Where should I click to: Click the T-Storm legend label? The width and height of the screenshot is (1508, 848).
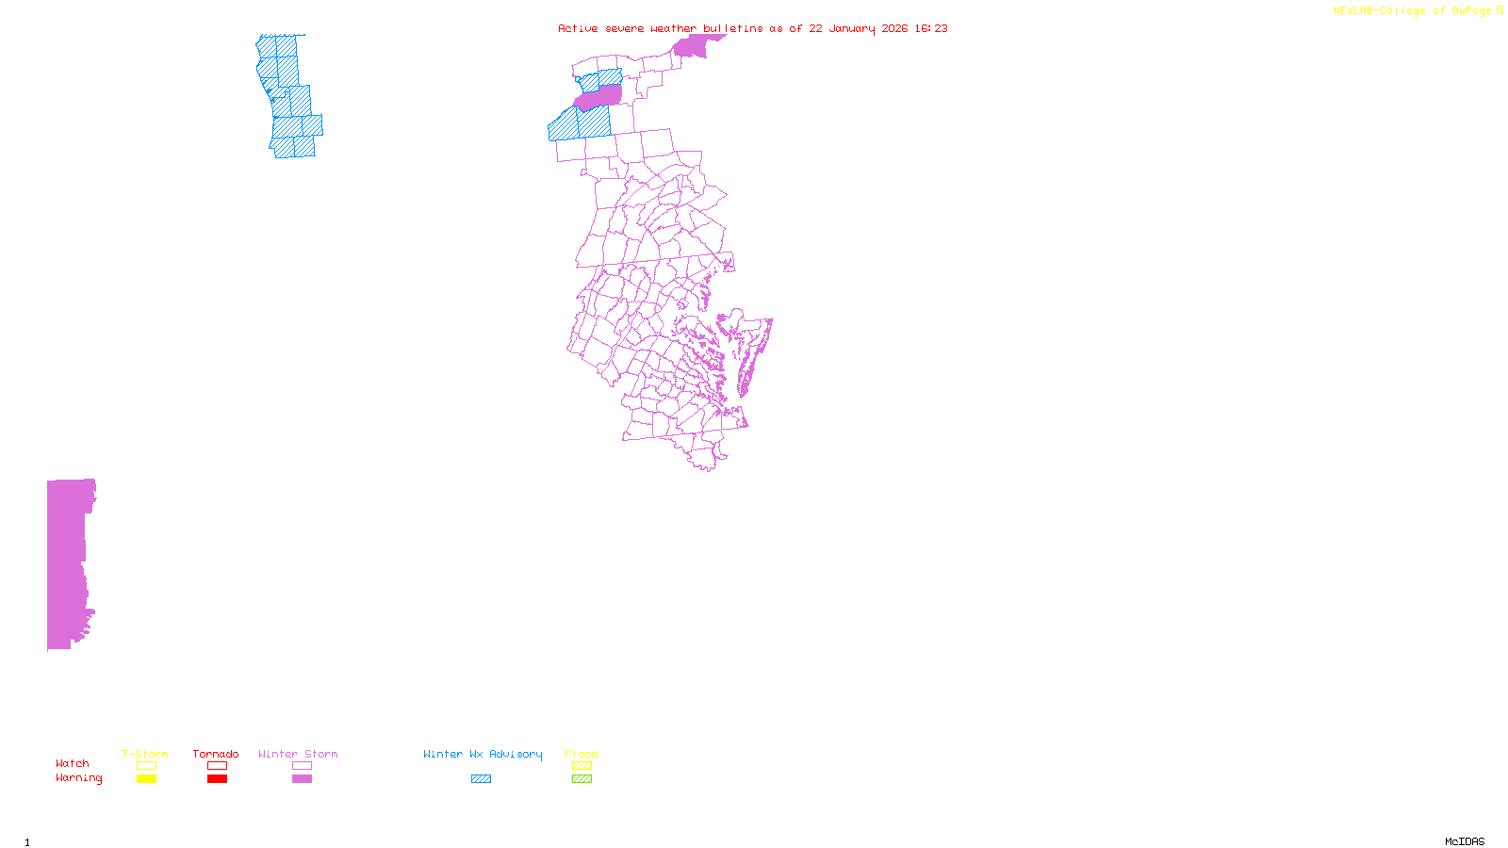coord(145,754)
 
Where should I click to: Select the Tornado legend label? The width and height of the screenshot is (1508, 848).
coord(216,754)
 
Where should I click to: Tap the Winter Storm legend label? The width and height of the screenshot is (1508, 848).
coord(298,754)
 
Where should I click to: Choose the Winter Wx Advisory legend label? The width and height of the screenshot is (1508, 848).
coord(483,754)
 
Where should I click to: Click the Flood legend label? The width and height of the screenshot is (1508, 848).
coord(582,754)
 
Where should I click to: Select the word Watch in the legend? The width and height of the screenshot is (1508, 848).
coord(73,763)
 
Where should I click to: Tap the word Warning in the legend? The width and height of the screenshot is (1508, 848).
coord(79,778)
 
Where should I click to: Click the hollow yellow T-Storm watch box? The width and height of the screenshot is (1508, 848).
coord(146,766)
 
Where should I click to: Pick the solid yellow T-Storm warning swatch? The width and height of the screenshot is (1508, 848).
coord(146,779)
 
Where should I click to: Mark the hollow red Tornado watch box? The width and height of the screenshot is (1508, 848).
coord(217,766)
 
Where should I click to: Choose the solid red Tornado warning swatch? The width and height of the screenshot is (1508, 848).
coord(217,779)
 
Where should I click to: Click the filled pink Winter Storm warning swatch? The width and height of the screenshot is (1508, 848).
coord(302,779)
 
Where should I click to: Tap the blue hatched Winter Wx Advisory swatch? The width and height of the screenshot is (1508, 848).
coord(481,779)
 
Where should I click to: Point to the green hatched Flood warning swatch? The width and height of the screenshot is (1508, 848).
coord(582,779)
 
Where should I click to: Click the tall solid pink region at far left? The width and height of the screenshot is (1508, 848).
coord(66,565)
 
